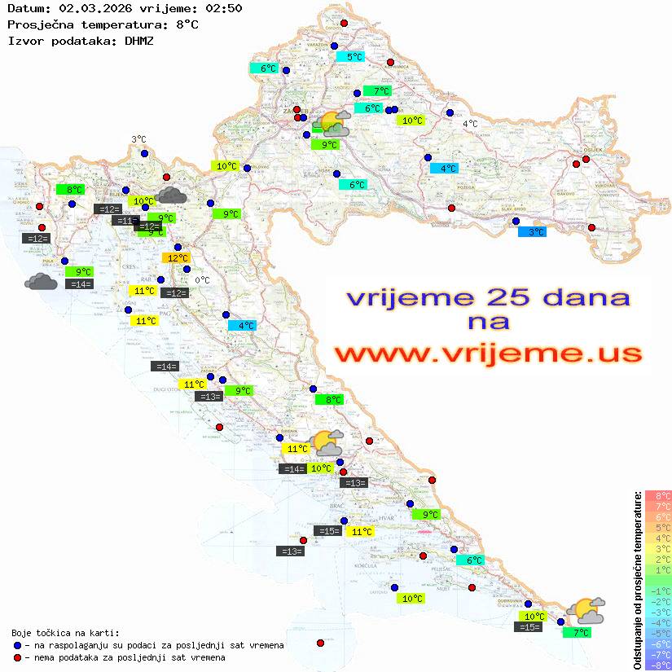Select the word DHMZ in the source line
pos(139,40)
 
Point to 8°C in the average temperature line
pos(187,24)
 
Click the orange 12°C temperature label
pos(176,258)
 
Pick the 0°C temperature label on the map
pos(202,281)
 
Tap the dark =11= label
pos(125,221)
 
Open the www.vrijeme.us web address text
pos(488,354)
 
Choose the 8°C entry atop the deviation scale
pos(658,495)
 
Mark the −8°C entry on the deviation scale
pos(658,665)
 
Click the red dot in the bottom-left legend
pos(18,657)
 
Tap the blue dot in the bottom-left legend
pos(18,645)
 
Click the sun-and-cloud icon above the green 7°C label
pos(586,611)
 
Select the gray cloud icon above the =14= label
pos(41,282)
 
